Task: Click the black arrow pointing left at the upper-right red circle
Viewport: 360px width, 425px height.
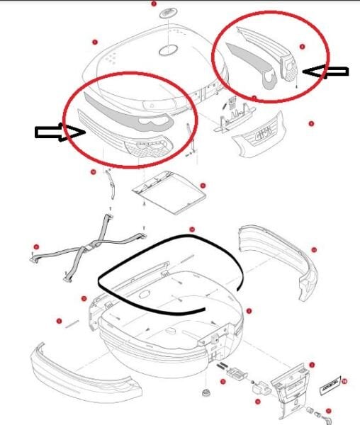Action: pos(326,70)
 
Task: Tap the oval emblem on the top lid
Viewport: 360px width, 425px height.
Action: pos(168,50)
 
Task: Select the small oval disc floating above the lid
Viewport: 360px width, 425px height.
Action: pos(168,13)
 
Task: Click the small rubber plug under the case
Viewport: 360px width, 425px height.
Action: pos(206,393)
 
